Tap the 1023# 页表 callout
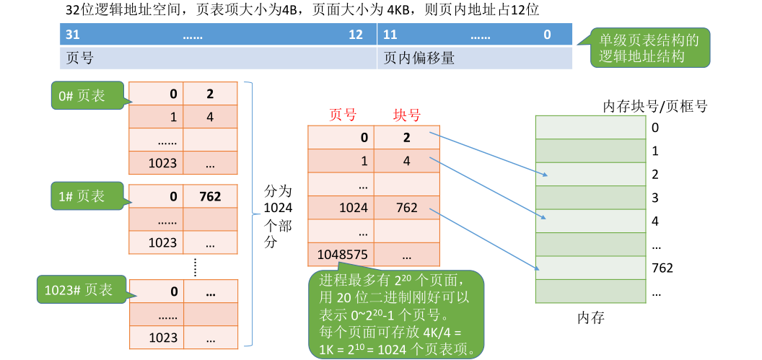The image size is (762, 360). coord(79,290)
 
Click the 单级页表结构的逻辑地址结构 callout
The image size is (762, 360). coord(648,48)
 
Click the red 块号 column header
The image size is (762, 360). coord(406,115)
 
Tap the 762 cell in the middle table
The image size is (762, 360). coord(407,208)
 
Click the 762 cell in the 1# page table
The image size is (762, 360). coord(210,196)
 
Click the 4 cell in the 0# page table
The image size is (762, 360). coord(210,117)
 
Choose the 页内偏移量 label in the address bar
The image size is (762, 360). coord(419,58)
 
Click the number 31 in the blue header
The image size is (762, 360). coord(72,35)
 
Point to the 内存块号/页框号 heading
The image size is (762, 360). coord(655,107)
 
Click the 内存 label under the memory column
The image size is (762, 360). coord(591,317)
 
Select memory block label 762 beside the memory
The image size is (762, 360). coord(662,268)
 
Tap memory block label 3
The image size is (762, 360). coord(655,198)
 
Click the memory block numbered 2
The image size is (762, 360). coord(591,174)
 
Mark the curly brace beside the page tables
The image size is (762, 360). coord(249,214)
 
